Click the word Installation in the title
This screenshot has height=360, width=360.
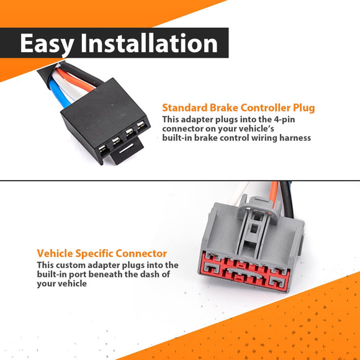pyautogui.click(x=150, y=43)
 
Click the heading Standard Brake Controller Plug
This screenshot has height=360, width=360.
pyautogui.click(x=238, y=107)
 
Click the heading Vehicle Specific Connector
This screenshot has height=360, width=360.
pyautogui.click(x=102, y=253)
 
